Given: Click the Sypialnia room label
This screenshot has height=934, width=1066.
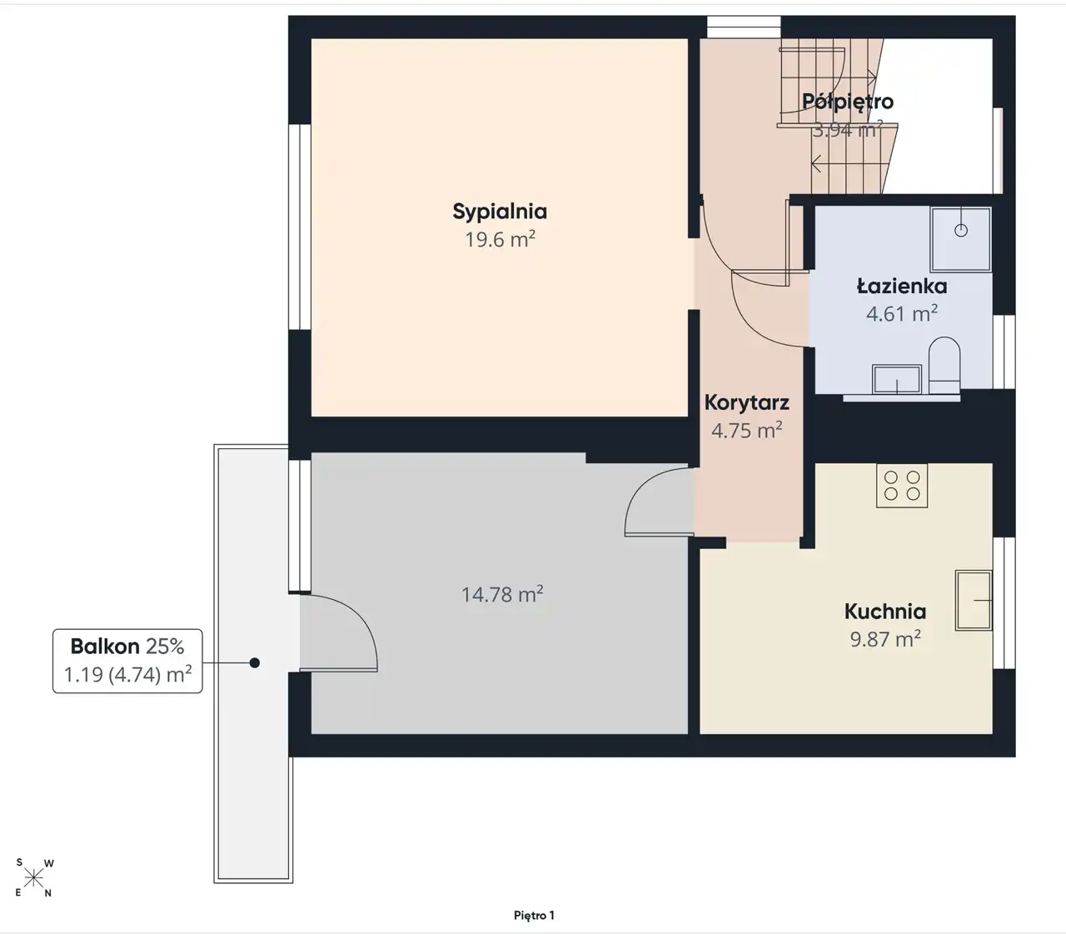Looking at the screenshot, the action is click(x=500, y=212).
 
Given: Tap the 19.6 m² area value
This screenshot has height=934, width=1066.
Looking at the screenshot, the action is click(x=500, y=239).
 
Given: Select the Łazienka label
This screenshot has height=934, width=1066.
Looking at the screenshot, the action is click(x=902, y=286).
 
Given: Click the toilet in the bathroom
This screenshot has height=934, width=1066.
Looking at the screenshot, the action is click(x=944, y=366).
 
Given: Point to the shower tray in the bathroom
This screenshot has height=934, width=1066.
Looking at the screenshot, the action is click(x=961, y=239).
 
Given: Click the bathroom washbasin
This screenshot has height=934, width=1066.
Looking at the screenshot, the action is click(x=897, y=379).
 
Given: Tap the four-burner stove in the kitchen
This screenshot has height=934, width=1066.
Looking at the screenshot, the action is click(x=902, y=486).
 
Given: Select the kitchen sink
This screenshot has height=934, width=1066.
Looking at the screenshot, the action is click(x=974, y=601).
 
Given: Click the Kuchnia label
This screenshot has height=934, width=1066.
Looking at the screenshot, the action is click(x=885, y=612).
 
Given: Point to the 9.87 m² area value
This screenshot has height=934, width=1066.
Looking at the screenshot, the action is click(x=885, y=639).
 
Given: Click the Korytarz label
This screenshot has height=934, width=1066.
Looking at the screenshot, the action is click(x=747, y=402).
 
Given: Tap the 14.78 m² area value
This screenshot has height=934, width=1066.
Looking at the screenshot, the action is click(x=502, y=594).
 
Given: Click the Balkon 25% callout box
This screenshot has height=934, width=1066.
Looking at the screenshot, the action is click(x=127, y=661).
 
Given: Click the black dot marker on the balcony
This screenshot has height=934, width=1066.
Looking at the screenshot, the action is click(x=254, y=663).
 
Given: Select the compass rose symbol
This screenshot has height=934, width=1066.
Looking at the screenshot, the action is click(x=34, y=878).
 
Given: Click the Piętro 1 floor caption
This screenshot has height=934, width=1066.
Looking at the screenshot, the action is click(x=534, y=915).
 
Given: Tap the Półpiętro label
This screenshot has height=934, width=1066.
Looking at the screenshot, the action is click(x=848, y=101).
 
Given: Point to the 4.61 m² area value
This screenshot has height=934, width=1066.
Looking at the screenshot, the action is click(x=902, y=314).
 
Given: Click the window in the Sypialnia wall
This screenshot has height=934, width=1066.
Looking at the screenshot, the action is click(x=300, y=227).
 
